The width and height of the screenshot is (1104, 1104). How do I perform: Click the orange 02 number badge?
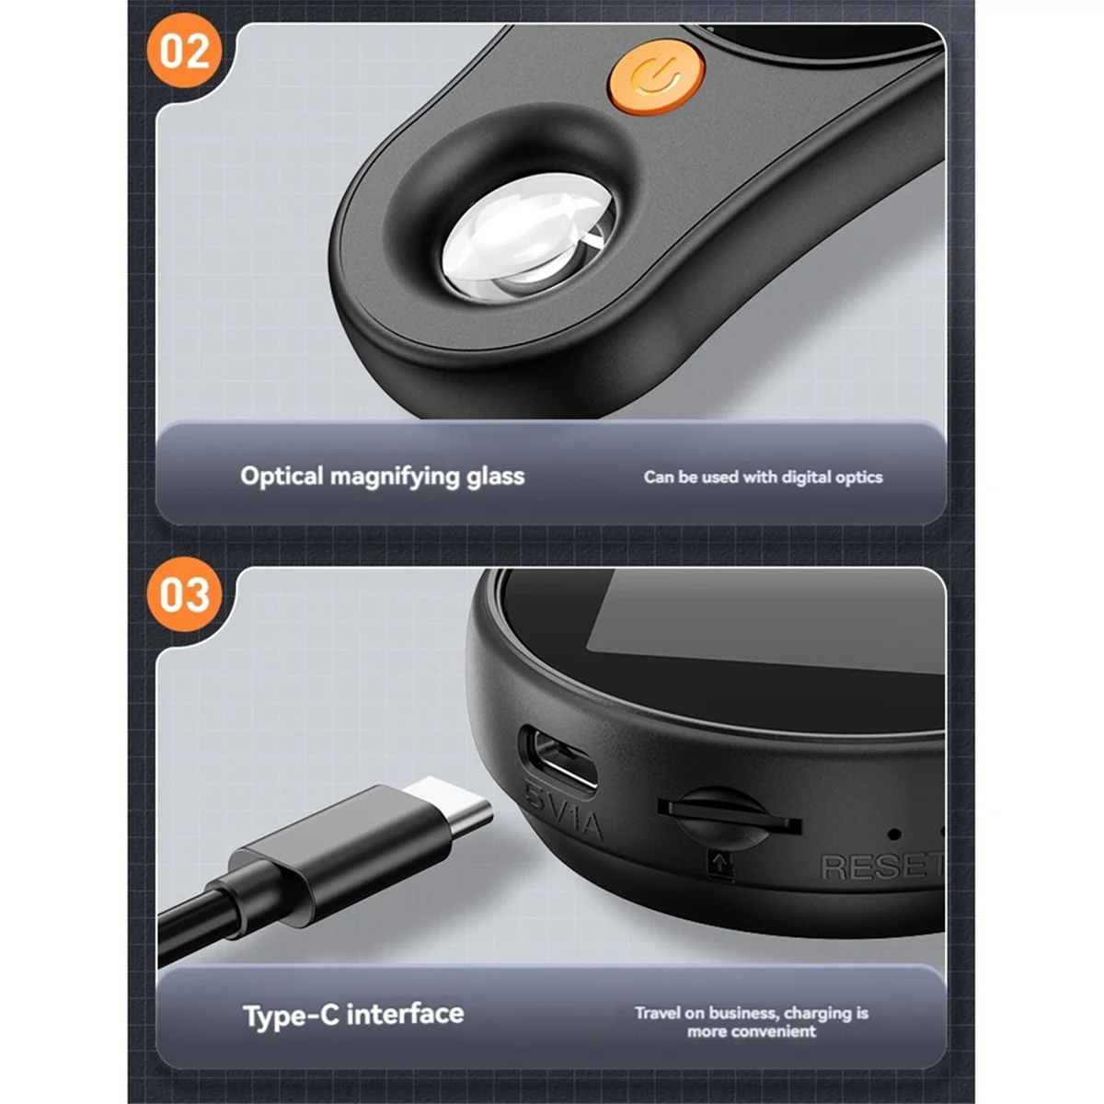coord(184,51)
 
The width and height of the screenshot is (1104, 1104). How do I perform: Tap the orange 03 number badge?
coord(184,594)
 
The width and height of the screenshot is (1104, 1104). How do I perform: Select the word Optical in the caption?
coord(282,477)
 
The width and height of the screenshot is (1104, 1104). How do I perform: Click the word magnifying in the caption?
coord(395,477)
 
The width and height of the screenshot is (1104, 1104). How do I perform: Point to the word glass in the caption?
coord(495,477)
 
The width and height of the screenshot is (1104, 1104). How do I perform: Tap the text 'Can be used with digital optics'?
coord(763,477)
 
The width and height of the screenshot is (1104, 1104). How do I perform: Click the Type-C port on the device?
coord(558,758)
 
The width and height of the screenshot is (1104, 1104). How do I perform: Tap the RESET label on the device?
coord(882,867)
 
